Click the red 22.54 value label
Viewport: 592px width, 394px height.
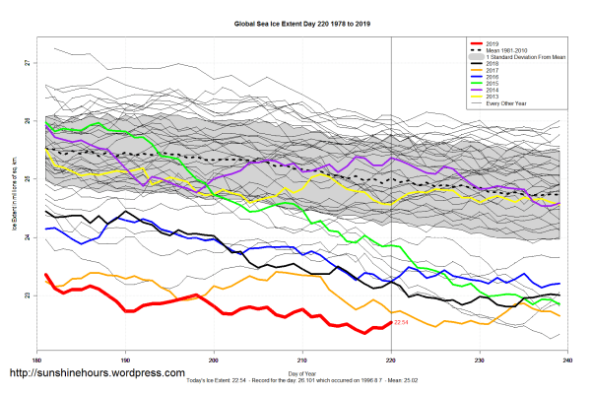[x=401, y=322]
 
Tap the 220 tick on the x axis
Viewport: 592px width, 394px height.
[x=392, y=360]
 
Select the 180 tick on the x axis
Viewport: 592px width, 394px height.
[x=36, y=360]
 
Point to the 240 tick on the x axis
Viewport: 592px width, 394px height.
[x=568, y=360]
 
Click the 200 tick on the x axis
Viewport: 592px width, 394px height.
[x=214, y=360]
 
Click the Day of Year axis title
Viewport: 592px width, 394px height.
[x=302, y=371]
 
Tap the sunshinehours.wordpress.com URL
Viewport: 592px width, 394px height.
[x=97, y=374]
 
